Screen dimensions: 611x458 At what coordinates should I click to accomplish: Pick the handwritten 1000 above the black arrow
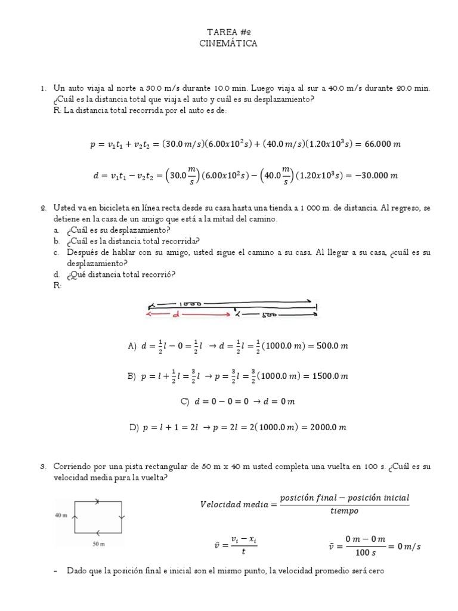[x=190, y=303]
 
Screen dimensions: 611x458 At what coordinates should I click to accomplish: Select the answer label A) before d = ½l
[x=132, y=345]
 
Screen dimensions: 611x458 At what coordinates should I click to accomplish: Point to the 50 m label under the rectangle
[x=98, y=544]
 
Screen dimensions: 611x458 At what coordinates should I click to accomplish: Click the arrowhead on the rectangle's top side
[x=98, y=501]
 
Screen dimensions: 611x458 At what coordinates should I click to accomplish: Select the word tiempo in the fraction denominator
[x=345, y=511]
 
